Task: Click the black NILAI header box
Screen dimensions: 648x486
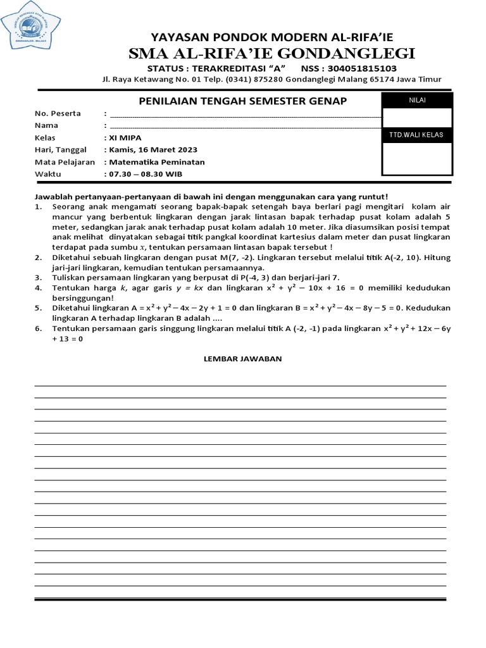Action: click(x=416, y=100)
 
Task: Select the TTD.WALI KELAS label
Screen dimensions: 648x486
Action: click(x=416, y=135)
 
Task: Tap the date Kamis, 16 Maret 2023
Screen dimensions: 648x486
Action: click(x=153, y=149)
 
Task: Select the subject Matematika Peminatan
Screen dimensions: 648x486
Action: click(x=157, y=161)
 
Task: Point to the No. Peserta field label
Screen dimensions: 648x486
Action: click(x=58, y=113)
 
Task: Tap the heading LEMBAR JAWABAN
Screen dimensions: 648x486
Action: click(x=242, y=359)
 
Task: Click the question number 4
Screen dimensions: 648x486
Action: click(x=37, y=288)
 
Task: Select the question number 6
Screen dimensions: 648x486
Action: click(x=37, y=328)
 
